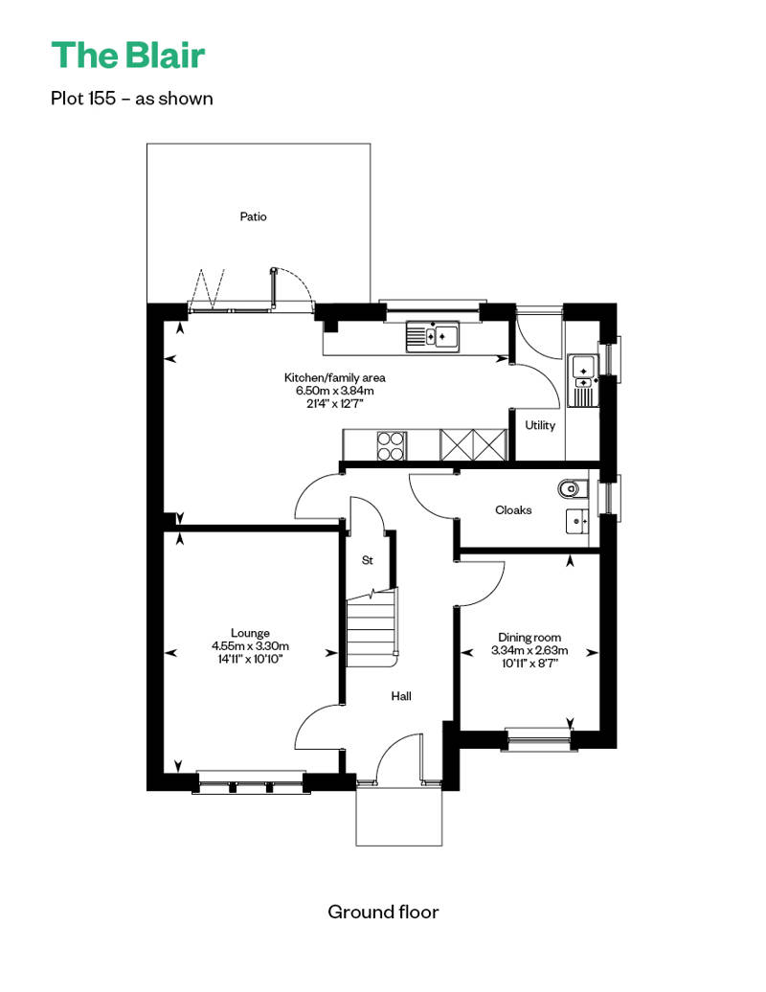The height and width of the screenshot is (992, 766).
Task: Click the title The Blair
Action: click(x=127, y=55)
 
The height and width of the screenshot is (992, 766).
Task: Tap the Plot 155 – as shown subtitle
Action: click(x=131, y=99)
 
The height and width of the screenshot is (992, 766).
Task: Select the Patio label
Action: click(x=253, y=216)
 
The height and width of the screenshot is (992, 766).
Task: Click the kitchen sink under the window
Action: click(x=432, y=337)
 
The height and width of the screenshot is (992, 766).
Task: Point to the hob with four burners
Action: click(x=392, y=445)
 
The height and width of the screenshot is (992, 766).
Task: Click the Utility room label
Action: click(x=540, y=425)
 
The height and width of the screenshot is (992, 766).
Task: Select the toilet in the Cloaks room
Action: click(x=574, y=488)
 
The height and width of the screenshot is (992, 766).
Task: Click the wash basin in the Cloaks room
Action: click(x=576, y=521)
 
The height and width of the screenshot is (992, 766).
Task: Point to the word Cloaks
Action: click(x=513, y=510)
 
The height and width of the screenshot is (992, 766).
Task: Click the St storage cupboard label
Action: click(x=368, y=560)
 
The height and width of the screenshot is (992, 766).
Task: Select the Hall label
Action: click(x=401, y=696)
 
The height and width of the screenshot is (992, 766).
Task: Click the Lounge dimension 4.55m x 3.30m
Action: click(x=251, y=646)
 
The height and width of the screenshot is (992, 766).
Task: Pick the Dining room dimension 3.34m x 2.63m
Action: click(x=529, y=650)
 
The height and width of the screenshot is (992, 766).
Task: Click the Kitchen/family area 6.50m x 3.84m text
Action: click(x=334, y=391)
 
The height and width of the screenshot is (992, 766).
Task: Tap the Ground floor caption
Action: click(x=383, y=912)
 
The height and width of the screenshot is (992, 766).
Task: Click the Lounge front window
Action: click(x=251, y=783)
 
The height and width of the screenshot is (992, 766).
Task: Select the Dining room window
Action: click(x=539, y=739)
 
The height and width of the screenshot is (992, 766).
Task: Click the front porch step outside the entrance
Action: click(x=399, y=817)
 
